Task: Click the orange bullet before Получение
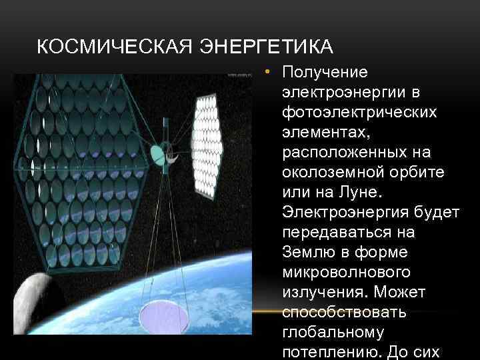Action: pyautogui.click(x=265, y=71)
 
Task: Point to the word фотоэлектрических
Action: pyautogui.click(x=359, y=111)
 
